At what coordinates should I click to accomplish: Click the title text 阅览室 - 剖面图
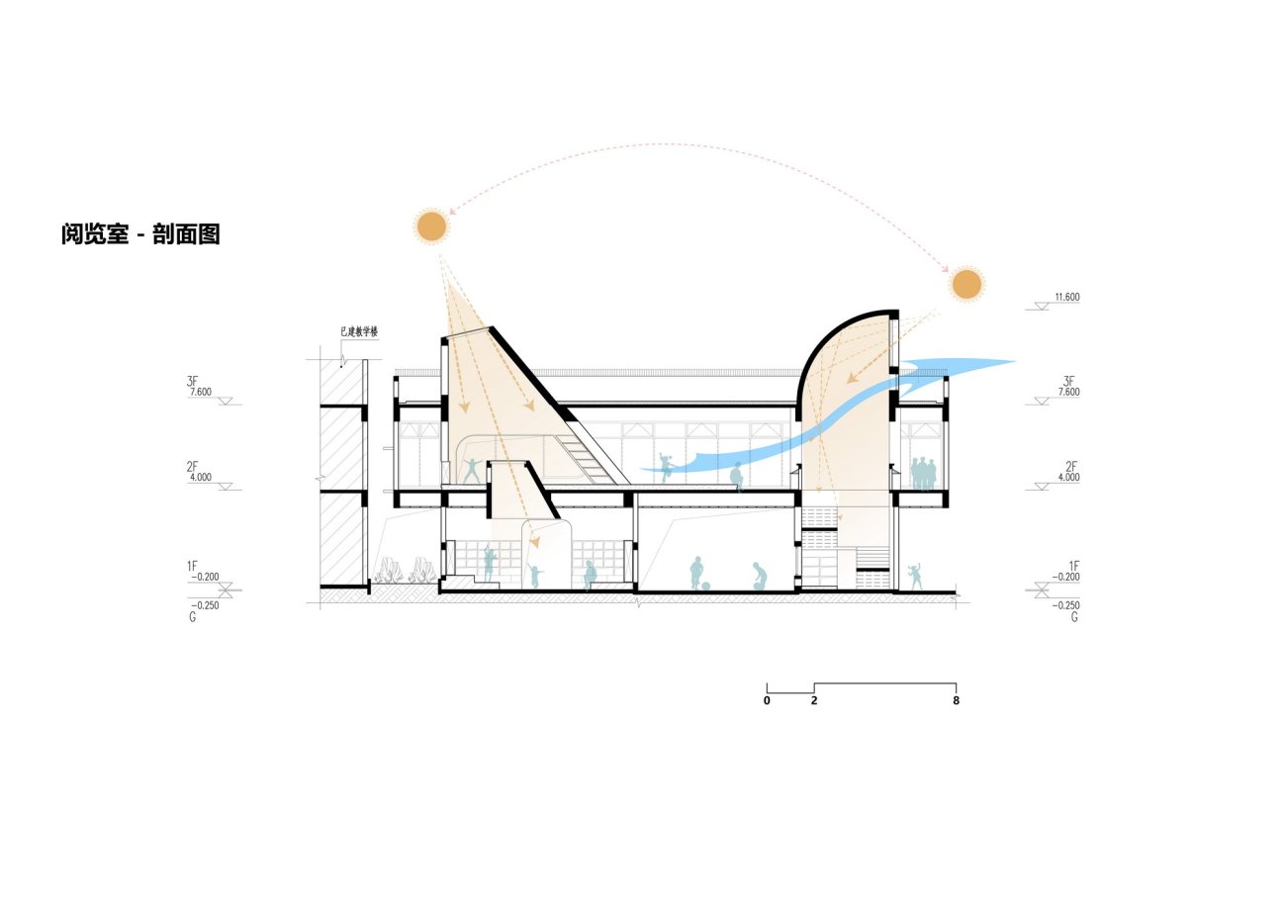coord(140,234)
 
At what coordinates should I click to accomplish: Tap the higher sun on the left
coord(431,227)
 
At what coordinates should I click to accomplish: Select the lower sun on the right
coord(966,284)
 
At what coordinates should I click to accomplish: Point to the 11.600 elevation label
coord(1066,298)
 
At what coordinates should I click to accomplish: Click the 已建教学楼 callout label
coord(359,331)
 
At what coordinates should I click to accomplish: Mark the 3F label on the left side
coord(192,381)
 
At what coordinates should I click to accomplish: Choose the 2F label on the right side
coord(1071,467)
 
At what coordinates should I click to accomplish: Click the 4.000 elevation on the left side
coord(201,478)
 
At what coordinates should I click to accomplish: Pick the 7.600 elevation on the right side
coord(1069,392)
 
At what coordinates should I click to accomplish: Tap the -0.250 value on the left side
coord(205,605)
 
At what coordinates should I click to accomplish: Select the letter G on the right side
coord(1074,617)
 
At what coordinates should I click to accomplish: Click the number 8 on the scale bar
coord(956,700)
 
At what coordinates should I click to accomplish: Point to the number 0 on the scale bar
coord(767,700)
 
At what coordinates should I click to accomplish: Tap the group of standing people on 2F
coord(923,474)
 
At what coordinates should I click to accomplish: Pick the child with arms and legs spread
coord(473,471)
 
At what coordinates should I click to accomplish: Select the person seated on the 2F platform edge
coord(737,477)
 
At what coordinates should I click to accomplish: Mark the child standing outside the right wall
coord(915,576)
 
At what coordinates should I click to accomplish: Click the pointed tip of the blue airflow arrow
coord(1016,362)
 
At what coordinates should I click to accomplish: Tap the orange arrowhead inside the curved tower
coord(852,378)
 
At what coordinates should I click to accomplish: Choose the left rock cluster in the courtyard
coord(390,570)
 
